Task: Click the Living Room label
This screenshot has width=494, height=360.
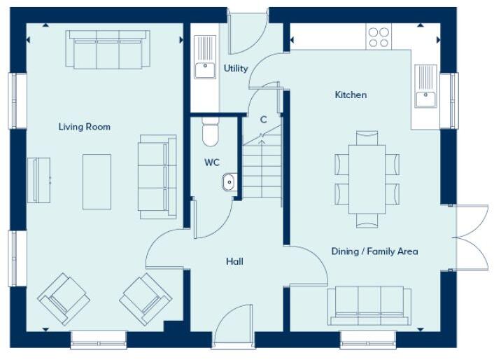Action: coord(84,127)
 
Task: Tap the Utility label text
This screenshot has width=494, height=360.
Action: coord(236,69)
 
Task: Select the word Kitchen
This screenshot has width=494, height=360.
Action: coord(351,95)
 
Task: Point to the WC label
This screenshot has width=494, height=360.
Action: coord(212,162)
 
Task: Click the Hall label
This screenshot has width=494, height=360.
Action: coord(234,261)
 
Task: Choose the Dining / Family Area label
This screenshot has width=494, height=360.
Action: coord(375,251)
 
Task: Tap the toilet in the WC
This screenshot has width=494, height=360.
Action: coord(210,132)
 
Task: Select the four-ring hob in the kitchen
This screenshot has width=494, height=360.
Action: coord(379,36)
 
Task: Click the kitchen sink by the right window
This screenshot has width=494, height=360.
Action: coord(426,88)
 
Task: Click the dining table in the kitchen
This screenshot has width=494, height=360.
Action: coord(367,179)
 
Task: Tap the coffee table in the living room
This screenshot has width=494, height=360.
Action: coord(97,182)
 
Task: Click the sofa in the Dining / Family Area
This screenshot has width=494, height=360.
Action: coord(369,305)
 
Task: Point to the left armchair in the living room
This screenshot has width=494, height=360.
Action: coord(64,298)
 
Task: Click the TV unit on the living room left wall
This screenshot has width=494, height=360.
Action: coord(38,181)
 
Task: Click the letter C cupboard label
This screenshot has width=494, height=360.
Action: coord(263,120)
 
